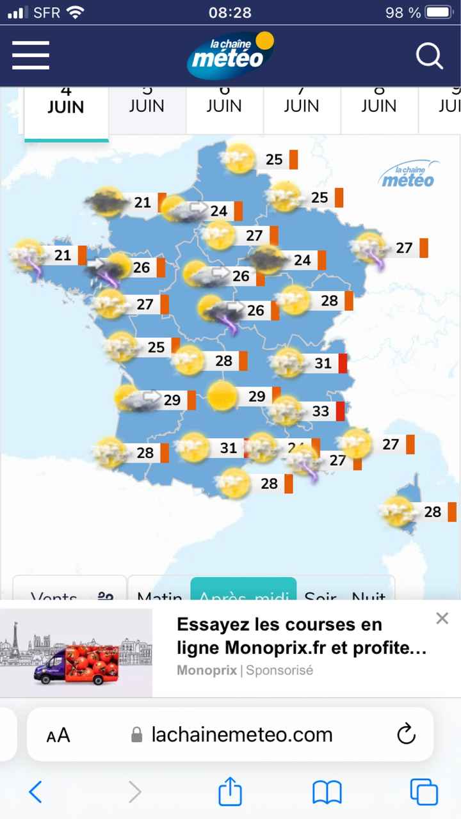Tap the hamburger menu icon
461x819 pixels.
(x=30, y=55)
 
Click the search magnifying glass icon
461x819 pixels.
(x=429, y=56)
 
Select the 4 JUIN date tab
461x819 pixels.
(x=66, y=106)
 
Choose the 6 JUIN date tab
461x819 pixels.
(x=224, y=105)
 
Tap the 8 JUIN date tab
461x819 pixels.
(x=379, y=105)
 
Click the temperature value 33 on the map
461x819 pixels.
(x=320, y=411)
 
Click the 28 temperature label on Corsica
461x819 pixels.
(x=433, y=511)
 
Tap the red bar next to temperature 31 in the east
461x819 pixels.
(x=343, y=363)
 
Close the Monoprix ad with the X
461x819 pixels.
(x=442, y=618)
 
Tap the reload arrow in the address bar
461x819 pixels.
(x=407, y=734)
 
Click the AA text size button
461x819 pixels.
(x=58, y=735)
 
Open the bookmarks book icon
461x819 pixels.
(x=327, y=793)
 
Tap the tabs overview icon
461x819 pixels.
(x=424, y=793)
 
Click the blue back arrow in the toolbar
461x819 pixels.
(x=36, y=793)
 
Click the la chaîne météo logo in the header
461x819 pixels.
(x=230, y=55)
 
